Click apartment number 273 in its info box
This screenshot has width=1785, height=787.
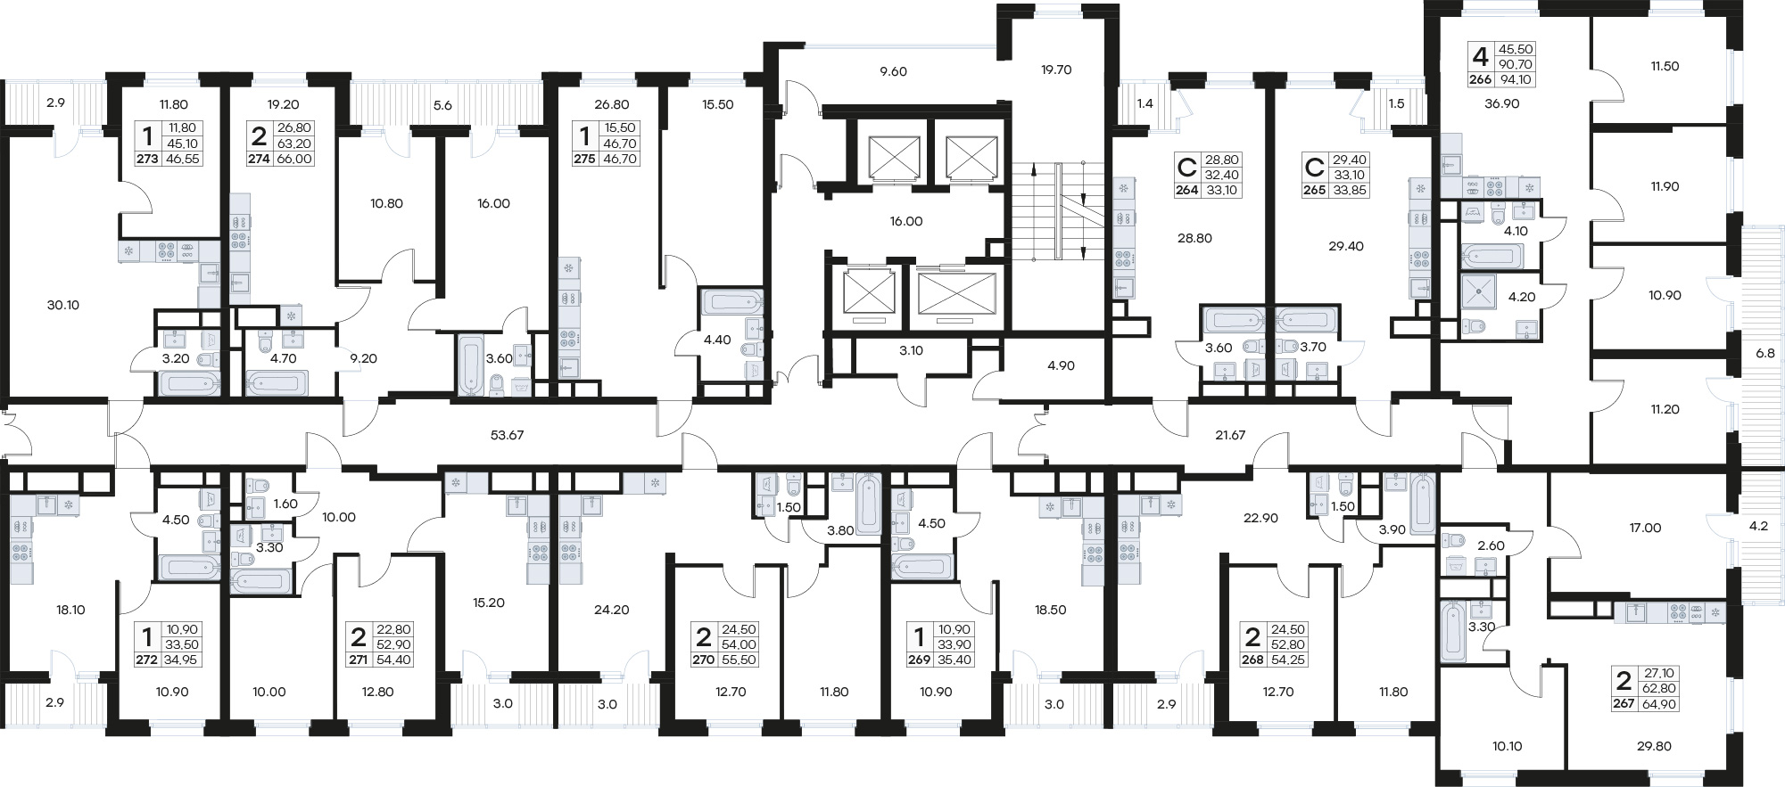point(147,160)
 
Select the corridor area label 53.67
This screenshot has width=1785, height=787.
point(507,435)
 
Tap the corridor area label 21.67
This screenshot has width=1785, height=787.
point(1230,435)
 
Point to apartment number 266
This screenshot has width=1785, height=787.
point(1481,79)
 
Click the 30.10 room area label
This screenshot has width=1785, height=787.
point(63,305)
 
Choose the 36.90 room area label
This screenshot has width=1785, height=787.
point(1502,103)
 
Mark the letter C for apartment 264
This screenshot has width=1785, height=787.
point(1187,168)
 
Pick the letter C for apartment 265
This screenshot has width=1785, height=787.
point(1314,168)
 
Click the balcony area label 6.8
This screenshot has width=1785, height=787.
point(1764,353)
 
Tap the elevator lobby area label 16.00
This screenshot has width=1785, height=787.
point(906,221)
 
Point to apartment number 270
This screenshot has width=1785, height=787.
point(704,660)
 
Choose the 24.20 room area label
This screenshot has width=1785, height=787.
point(612,611)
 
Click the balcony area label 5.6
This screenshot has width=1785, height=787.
point(442,105)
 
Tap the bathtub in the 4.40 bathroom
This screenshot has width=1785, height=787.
point(732,301)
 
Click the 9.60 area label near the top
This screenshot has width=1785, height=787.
point(893,71)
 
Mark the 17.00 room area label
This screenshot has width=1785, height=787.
point(1646,528)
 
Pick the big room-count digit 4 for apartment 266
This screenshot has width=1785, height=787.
point(1481,57)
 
